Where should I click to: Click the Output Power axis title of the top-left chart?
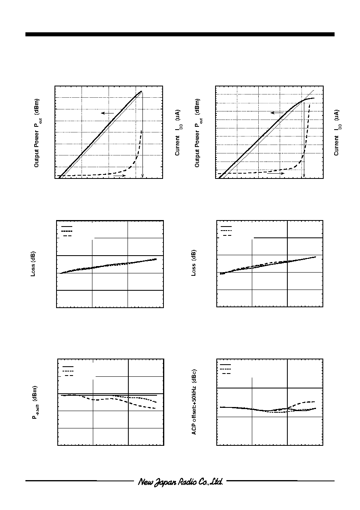coord(37,133)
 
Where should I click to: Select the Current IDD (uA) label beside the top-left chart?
coord(178,133)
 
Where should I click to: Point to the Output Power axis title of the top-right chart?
coord(198,133)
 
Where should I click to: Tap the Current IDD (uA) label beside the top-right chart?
coord(337,133)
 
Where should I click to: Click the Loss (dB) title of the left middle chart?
coord(33,264)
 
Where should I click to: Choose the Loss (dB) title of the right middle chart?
coord(193,263)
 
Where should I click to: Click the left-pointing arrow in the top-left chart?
coord(107,113)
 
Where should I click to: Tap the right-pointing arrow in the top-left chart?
coord(119,176)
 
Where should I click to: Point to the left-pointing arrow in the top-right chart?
coord(277,113)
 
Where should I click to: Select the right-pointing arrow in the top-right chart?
coord(276,173)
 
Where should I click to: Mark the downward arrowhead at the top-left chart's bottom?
coord(142,176)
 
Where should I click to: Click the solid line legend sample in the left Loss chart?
coord(67,227)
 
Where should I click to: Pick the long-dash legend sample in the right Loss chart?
coord(227,235)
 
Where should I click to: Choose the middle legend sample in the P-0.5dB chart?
coord(68,371)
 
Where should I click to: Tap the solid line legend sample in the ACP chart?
coord(225,365)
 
